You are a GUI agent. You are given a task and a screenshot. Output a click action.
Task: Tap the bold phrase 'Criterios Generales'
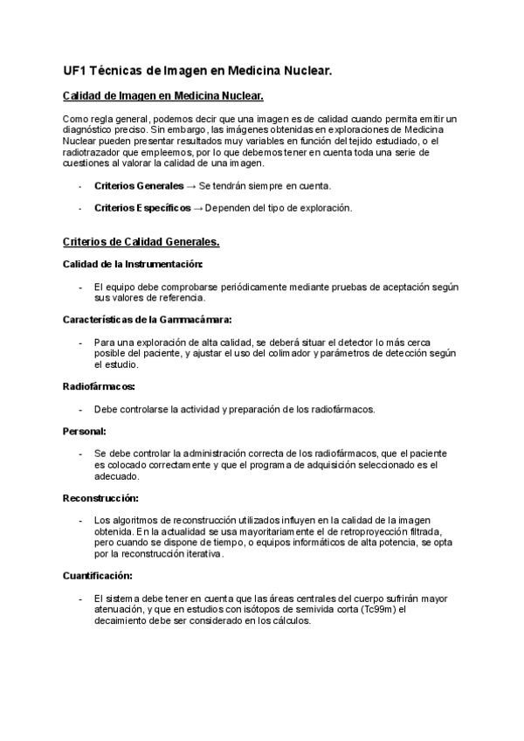(x=139, y=186)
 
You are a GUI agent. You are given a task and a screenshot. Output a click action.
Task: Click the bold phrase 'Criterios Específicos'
(x=142, y=208)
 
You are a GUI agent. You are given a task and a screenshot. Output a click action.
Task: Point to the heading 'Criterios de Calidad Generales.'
(x=141, y=241)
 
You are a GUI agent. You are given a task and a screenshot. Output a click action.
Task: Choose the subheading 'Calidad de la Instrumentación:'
(x=134, y=263)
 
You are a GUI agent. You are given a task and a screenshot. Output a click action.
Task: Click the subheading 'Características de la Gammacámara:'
(x=148, y=319)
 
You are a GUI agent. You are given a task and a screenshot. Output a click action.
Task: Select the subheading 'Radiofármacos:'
(x=99, y=385)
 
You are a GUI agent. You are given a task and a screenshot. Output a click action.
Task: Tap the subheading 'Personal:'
(x=85, y=431)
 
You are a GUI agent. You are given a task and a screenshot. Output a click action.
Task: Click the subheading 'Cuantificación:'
(x=98, y=576)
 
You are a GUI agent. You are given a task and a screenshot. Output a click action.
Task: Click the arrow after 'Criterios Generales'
(x=191, y=186)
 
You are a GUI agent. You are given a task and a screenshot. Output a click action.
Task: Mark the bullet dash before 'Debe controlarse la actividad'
(x=80, y=408)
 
